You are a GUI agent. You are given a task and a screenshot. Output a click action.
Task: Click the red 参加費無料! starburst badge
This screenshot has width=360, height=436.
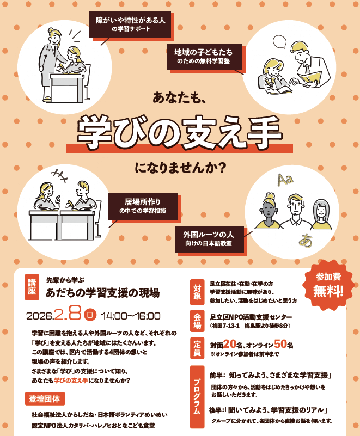coord(328,284)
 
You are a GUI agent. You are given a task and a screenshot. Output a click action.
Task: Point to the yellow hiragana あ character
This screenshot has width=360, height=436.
coord(306,241)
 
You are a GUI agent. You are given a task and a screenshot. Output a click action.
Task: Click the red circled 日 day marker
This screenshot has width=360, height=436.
coord(90,315)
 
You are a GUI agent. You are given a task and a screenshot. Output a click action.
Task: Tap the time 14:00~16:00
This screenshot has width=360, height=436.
coord(131,316)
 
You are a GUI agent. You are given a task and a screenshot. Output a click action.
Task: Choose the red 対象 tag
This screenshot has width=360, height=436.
coord(197,292)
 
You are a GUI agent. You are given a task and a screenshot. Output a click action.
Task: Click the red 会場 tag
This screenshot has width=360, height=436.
coord(197,321)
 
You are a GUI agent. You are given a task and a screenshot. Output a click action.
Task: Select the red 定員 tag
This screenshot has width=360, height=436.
coord(197,348)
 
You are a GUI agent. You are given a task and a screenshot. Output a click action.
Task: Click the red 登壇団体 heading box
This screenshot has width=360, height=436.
coord(45,398)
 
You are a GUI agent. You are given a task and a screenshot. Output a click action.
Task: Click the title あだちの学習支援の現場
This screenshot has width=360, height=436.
coord(103,293)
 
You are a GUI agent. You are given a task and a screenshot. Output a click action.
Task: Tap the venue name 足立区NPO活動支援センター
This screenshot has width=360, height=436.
coord(251,317)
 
